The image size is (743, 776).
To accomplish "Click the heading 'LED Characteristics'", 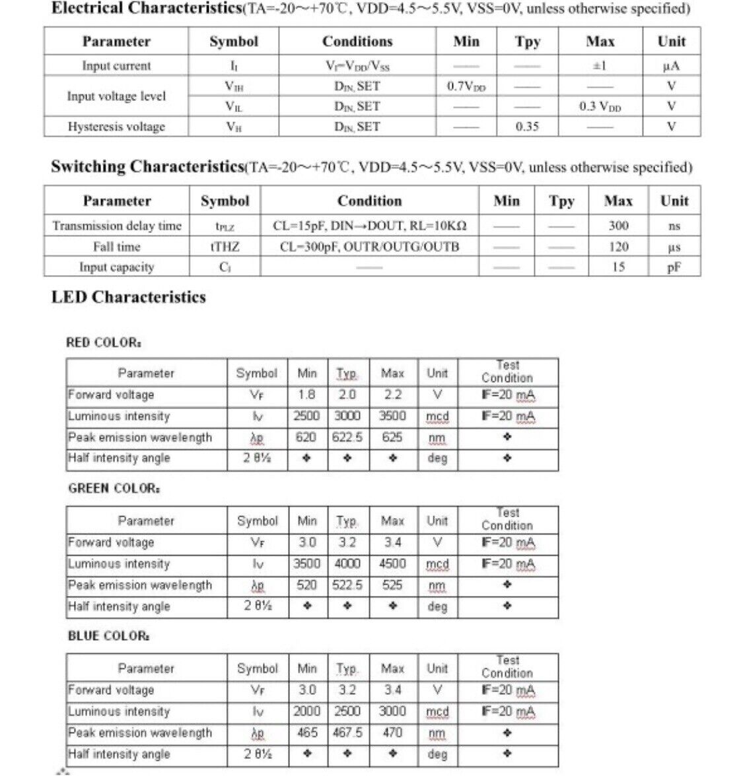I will (129, 297).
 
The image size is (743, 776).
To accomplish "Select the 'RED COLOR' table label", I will (104, 342).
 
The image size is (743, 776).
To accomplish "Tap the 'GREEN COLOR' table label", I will (114, 489).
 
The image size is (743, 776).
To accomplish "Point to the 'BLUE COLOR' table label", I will (108, 636).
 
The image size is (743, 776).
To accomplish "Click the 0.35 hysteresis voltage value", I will (527, 127).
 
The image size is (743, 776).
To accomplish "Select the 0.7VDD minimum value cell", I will (466, 86).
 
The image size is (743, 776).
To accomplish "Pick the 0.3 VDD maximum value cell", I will (600, 106).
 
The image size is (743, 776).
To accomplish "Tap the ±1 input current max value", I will (600, 66).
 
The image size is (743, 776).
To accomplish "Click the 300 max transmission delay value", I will (618, 226).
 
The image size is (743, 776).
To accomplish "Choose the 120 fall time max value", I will (618, 247).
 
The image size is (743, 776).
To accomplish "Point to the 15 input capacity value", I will (618, 267).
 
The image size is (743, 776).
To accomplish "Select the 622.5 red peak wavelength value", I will (347, 437).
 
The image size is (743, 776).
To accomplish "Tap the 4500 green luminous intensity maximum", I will (392, 564).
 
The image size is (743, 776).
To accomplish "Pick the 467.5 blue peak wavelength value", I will (347, 733).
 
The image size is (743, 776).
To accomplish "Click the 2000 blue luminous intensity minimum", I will (306, 712).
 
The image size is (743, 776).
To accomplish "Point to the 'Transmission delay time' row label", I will (117, 226).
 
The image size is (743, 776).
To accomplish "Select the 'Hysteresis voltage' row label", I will (116, 127).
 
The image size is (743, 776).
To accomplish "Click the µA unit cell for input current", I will (671, 66).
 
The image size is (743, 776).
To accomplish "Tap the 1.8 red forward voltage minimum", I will (306, 395).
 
